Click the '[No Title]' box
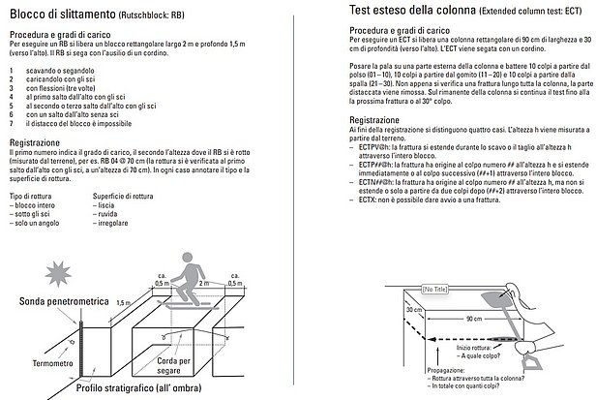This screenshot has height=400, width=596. [x=433, y=290]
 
